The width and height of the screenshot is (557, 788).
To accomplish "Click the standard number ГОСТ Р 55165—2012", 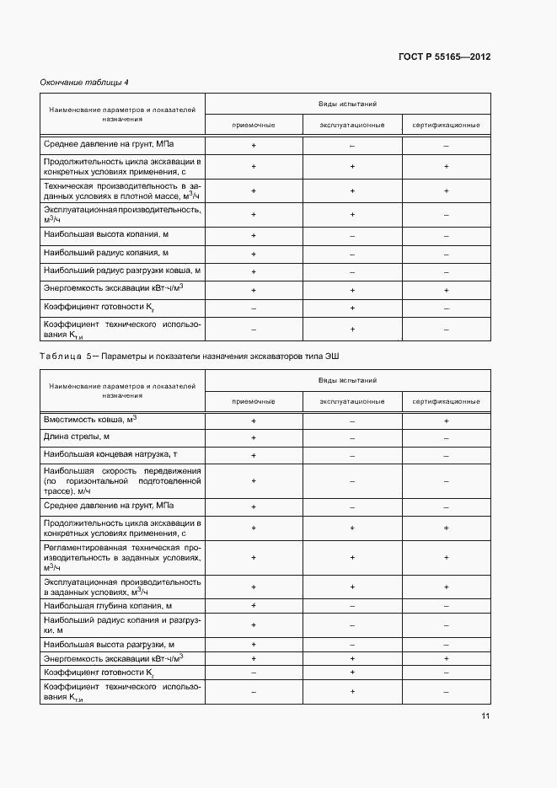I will [444, 57].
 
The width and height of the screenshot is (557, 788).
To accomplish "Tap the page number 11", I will [485, 716].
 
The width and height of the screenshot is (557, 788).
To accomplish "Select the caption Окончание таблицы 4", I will [84, 82].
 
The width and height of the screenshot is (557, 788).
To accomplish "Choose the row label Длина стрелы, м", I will [77, 437].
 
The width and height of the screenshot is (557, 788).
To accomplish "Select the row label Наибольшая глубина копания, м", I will [108, 605].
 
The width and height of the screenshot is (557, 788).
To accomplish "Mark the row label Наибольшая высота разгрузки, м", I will [109, 644].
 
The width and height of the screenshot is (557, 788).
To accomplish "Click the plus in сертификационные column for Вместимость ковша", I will [446, 420].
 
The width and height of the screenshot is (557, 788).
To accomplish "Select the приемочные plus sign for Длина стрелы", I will [253, 437].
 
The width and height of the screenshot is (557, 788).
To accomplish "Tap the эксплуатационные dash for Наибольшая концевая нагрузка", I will [352, 455].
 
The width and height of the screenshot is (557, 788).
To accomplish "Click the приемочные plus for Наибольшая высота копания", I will [253, 234].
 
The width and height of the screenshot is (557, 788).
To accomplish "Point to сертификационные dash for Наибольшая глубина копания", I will [446, 606].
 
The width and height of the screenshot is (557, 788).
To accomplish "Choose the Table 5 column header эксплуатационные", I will [352, 401].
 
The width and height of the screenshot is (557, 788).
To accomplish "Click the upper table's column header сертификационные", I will [446, 125].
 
